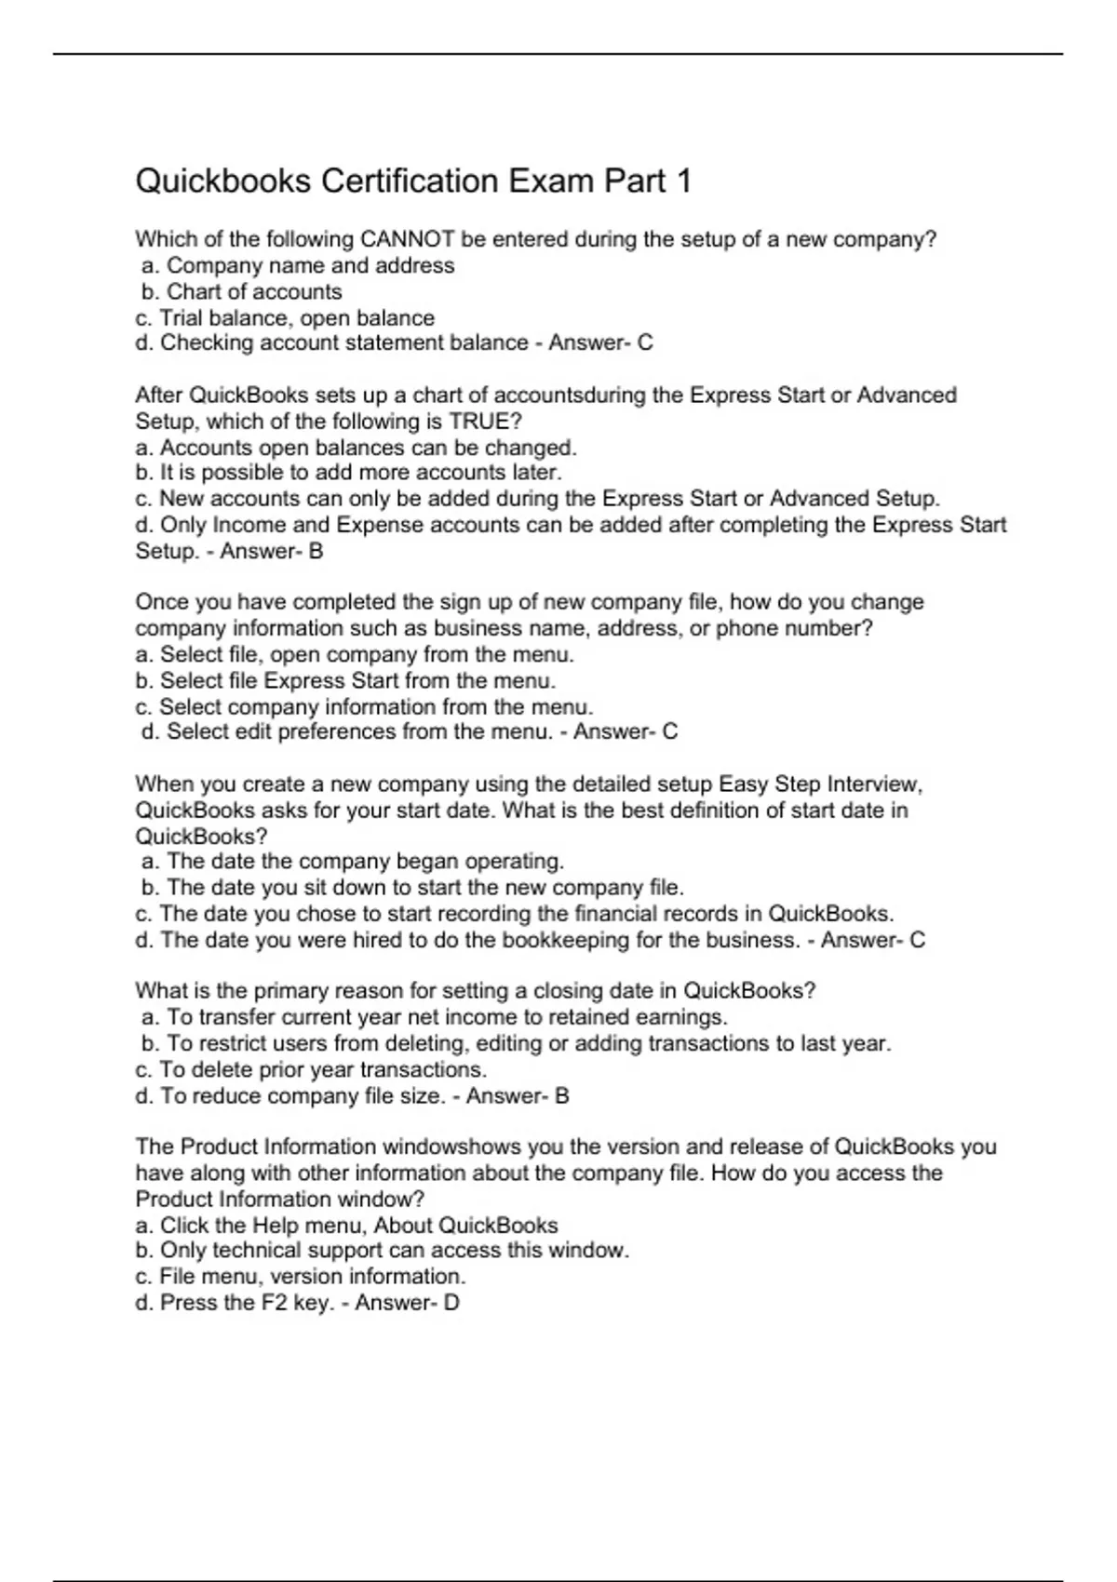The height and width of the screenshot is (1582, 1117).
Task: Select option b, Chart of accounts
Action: pyautogui.click(x=242, y=291)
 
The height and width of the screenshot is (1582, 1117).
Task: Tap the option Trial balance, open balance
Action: pyautogui.click(x=285, y=317)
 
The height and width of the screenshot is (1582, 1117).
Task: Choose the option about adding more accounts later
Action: pyautogui.click(x=349, y=473)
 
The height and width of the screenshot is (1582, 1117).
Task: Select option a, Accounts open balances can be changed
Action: pyautogui.click(x=357, y=448)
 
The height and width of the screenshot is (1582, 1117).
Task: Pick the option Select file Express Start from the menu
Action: pyautogui.click(x=346, y=680)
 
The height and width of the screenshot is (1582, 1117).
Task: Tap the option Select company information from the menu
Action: pyautogui.click(x=365, y=706)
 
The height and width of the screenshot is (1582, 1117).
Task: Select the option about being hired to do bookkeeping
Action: pyautogui.click(x=468, y=940)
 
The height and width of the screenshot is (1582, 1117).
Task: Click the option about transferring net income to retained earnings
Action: pyautogui.click(x=436, y=1017)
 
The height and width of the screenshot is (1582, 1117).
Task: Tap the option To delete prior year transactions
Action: pyautogui.click(x=312, y=1069)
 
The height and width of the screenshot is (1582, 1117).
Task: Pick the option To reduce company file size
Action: pyautogui.click(x=290, y=1095)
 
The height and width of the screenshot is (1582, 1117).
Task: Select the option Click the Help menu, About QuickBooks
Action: pyautogui.click(x=347, y=1225)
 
